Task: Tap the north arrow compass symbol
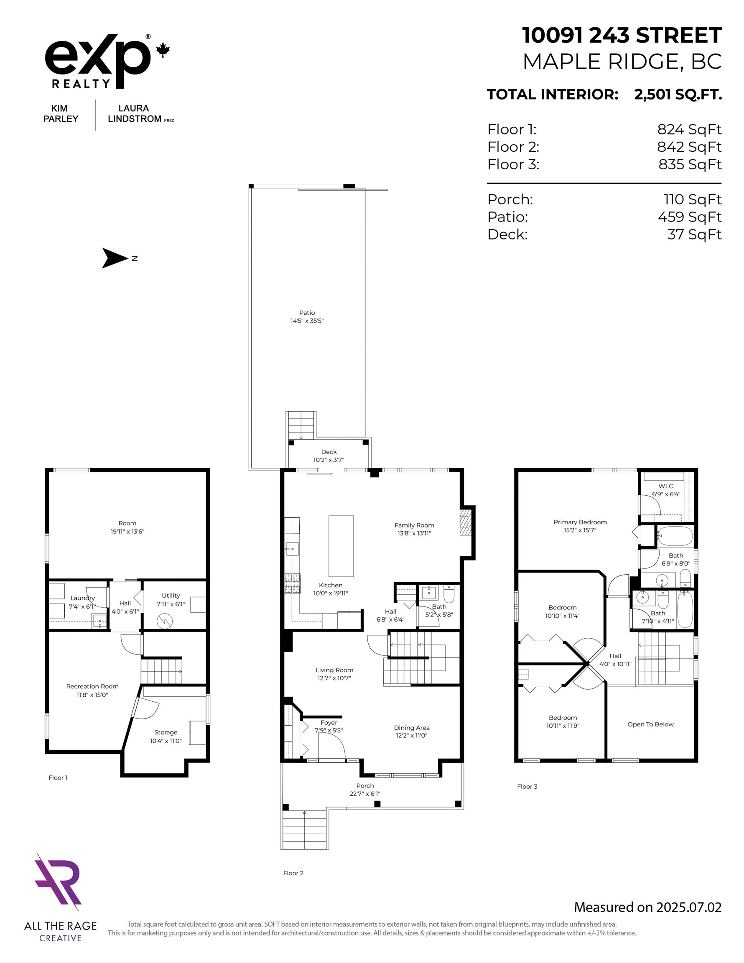[115, 258]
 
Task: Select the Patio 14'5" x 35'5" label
[307, 316]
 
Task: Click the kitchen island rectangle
[341, 546]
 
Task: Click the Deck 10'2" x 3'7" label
[329, 456]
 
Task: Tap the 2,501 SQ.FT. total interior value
[678, 94]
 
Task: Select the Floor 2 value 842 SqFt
[689, 147]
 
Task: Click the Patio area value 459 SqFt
[689, 217]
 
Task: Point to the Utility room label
[171, 599]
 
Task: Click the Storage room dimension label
[166, 741]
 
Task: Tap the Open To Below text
[650, 724]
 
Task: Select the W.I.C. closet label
[666, 490]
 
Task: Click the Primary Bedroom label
[580, 525]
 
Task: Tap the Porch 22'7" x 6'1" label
[365, 789]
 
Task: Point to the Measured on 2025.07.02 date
[647, 907]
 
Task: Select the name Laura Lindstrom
[135, 114]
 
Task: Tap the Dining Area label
[411, 731]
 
